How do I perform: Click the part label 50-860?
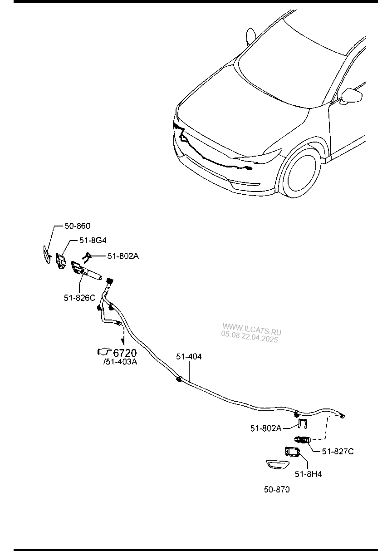78,226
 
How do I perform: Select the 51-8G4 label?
93,240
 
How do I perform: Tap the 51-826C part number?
79,298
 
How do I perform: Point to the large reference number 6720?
125,353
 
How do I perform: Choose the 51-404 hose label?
189,356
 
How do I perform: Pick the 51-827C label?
338,452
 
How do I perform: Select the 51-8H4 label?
308,474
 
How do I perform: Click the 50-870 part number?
277,490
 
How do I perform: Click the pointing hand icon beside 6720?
104,352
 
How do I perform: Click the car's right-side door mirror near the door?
351,96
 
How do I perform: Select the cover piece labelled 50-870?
277,464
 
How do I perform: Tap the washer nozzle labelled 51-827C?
303,438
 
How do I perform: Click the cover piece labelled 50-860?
47,255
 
